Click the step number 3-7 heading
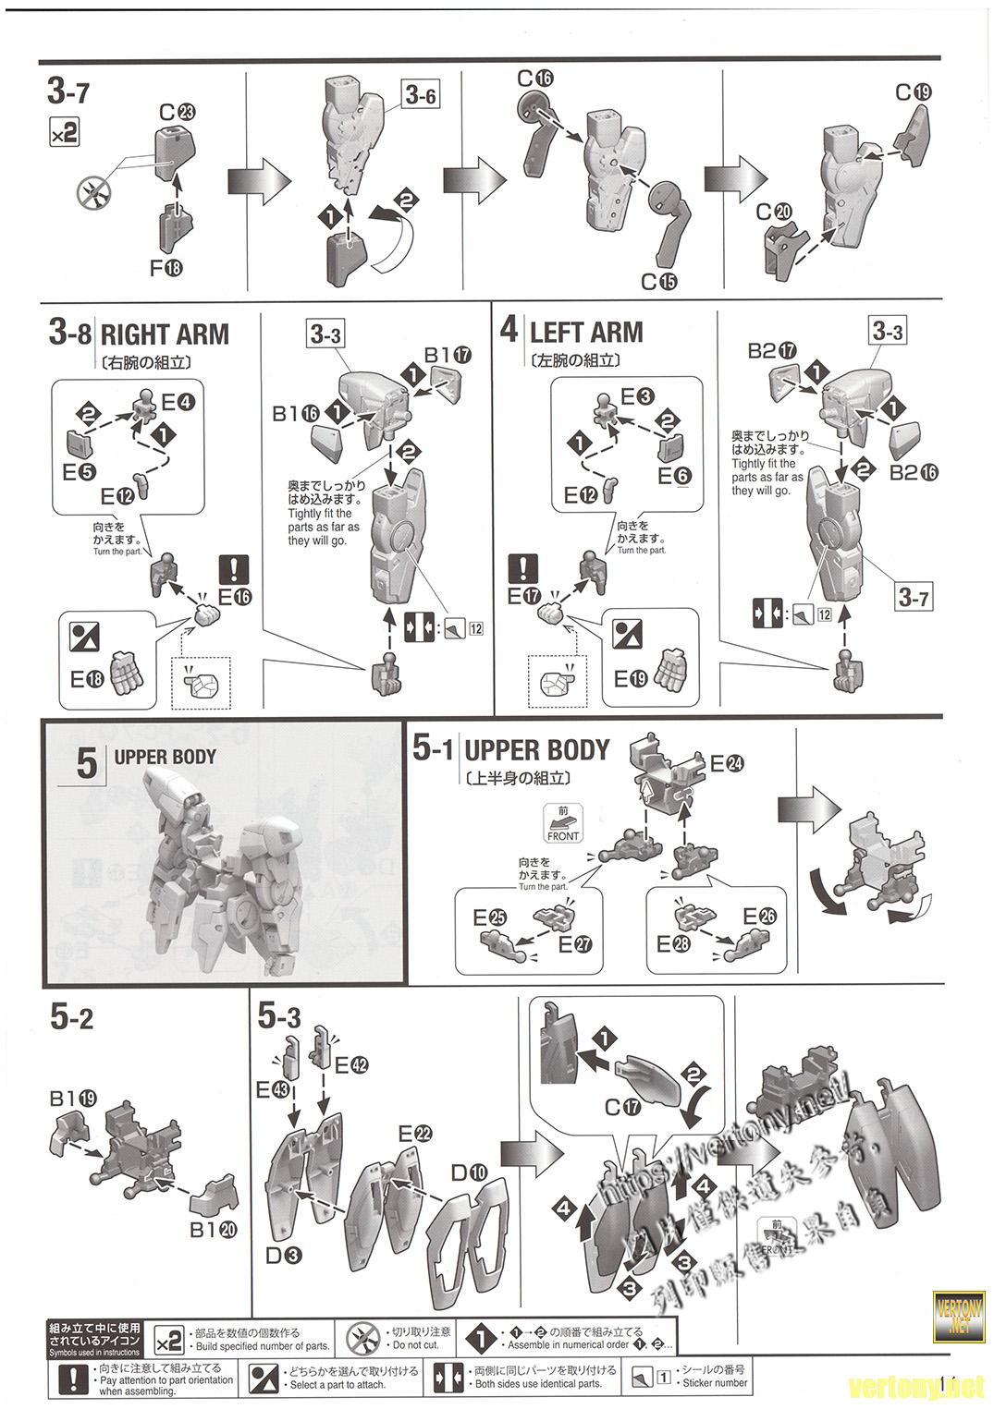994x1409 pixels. [68, 93]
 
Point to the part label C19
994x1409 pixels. [913, 91]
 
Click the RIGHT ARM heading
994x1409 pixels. [164, 334]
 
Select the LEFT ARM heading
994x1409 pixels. [585, 332]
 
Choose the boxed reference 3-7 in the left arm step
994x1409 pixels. [914, 598]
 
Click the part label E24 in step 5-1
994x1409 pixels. [727, 763]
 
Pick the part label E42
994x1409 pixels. [351, 1064]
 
